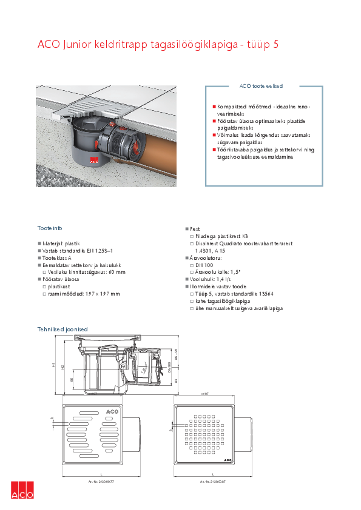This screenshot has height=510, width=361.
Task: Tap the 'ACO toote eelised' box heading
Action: (261, 87)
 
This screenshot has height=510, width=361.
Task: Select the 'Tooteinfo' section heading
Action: (50, 228)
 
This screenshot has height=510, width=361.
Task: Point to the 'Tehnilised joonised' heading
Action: (62, 329)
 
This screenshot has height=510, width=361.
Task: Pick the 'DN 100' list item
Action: (205, 265)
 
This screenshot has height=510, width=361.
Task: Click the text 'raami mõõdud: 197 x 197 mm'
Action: (84, 294)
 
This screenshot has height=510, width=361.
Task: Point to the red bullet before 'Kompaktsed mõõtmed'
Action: (214, 106)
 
